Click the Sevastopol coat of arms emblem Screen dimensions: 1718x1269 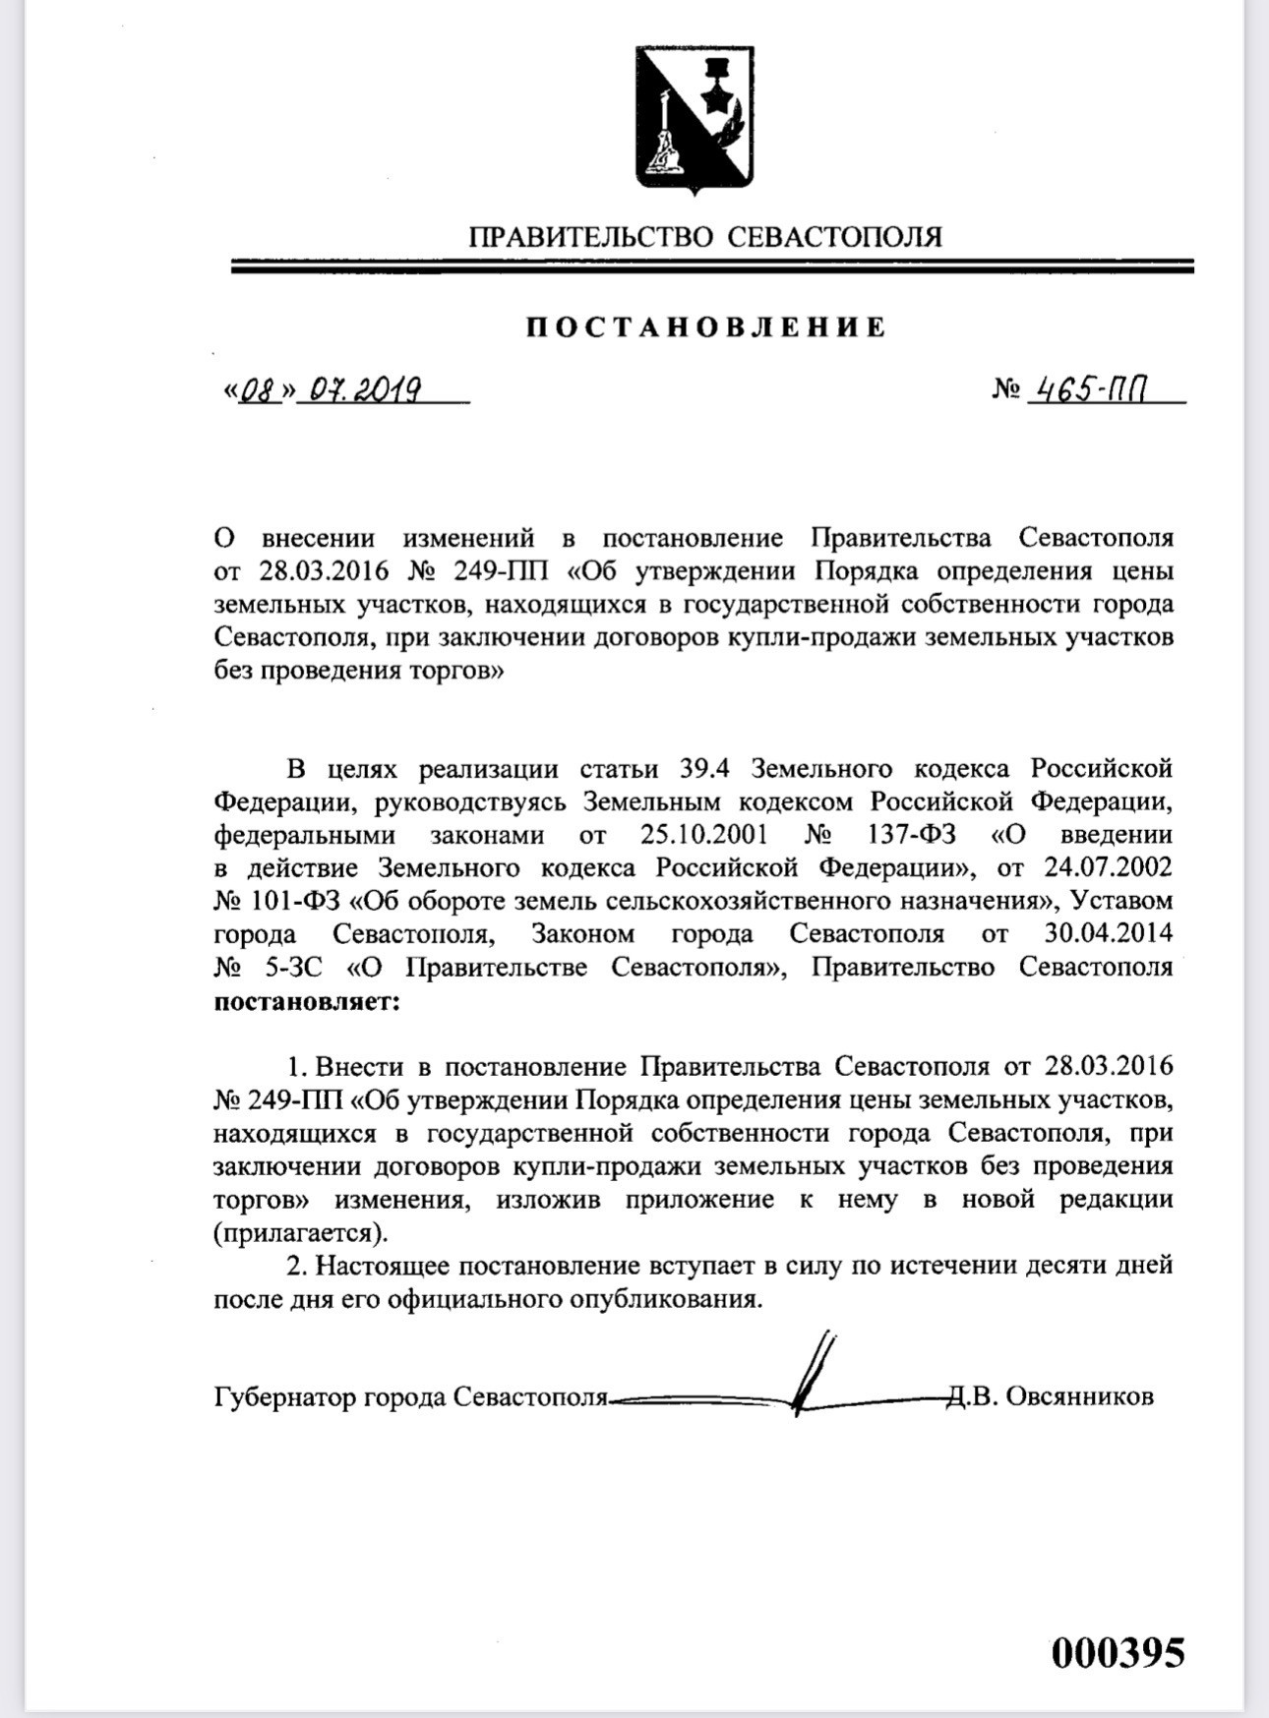click(x=695, y=118)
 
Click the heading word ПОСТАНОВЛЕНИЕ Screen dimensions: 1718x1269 click(x=705, y=327)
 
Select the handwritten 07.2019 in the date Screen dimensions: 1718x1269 click(x=365, y=391)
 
